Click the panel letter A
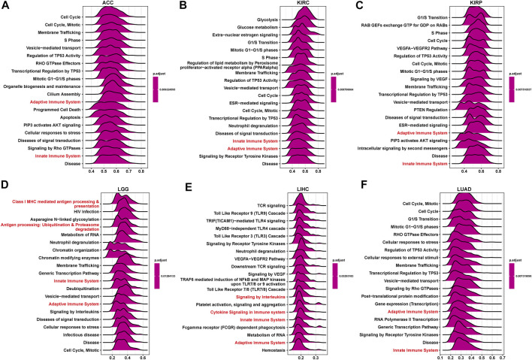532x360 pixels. coord(5,5)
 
